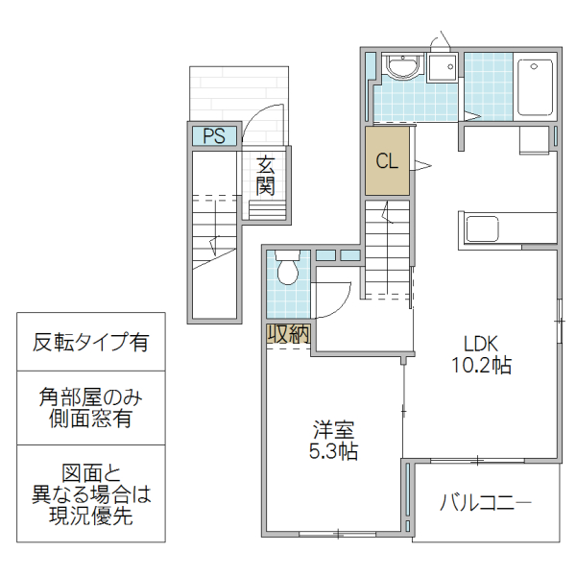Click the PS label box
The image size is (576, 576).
pos(213,136)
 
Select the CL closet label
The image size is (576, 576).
pos(387,161)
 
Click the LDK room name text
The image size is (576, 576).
pos(480,344)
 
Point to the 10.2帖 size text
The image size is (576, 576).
pos(480,365)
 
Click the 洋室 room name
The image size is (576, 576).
pos(333,429)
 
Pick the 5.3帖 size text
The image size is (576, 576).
pos(333,450)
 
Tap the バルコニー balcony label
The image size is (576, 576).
pos(486,502)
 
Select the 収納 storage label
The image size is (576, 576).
pos(287,334)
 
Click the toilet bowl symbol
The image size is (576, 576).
pos(286,271)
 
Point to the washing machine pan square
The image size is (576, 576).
pos(443,69)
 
